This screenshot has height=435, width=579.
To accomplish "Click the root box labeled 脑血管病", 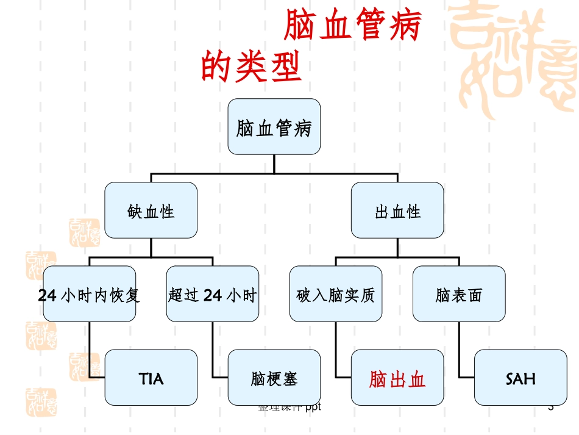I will point(274,127).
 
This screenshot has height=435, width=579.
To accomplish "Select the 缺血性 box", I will point(151,210).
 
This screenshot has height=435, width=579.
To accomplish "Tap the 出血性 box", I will point(397,210).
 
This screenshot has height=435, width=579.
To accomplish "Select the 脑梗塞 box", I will point(274,378).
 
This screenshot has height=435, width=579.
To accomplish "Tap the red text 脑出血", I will point(397,379).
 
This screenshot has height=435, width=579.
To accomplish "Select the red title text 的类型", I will point(251,67).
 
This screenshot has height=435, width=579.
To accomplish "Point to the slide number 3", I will point(551,407).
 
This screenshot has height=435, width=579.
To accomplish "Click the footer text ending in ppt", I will point(289,407).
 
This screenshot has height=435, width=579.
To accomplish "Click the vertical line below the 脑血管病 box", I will point(274,164).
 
